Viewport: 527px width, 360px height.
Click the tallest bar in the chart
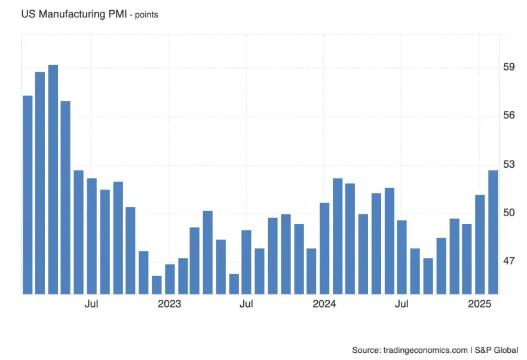(x=53, y=179)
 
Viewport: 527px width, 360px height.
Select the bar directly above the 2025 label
(x=480, y=244)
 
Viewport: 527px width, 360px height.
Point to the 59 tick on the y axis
(x=508, y=67)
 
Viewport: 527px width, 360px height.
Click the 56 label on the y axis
(x=508, y=116)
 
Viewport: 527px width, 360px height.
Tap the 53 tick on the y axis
(x=508, y=165)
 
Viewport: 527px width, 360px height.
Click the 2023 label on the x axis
(x=169, y=304)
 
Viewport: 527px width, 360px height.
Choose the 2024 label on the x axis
(x=324, y=304)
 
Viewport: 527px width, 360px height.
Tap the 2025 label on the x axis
(x=479, y=304)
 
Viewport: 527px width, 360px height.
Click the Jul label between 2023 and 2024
(x=246, y=304)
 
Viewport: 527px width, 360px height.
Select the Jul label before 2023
(x=91, y=304)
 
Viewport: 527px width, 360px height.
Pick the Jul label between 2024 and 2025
(x=402, y=304)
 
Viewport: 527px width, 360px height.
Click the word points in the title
(x=146, y=15)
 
